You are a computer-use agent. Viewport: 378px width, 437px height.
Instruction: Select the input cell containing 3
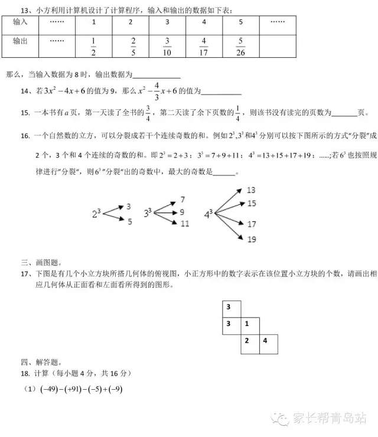[167, 22]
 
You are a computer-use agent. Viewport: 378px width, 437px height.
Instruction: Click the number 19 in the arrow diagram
[252, 240]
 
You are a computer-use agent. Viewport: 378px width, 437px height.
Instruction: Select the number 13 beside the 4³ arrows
[251, 190]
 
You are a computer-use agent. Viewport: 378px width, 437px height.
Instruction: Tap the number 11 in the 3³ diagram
[185, 224]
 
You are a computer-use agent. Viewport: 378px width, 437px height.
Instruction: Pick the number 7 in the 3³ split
[183, 200]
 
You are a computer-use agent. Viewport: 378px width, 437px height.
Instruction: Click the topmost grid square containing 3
[228, 306]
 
